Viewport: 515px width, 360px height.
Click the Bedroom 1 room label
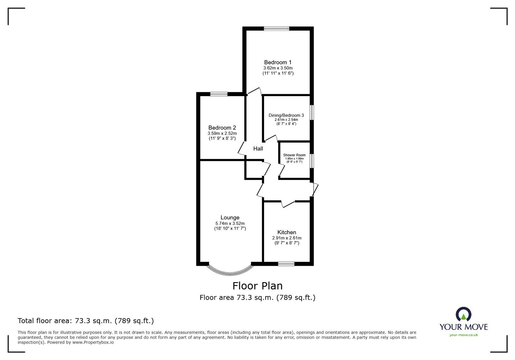tap(278, 62)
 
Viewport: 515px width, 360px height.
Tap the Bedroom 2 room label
tap(222, 127)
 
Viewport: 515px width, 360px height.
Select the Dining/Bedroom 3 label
tap(286, 115)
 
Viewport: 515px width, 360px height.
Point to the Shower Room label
tap(294, 155)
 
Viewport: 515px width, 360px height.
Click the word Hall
tap(258, 149)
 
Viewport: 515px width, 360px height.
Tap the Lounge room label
tap(230, 217)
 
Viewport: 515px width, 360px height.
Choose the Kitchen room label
tap(287, 232)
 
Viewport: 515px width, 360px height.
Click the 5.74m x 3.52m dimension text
tap(230, 223)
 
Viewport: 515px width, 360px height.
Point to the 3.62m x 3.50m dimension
tap(278, 68)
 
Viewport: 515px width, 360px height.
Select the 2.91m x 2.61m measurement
tap(287, 238)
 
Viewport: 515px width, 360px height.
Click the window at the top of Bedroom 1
tap(276, 29)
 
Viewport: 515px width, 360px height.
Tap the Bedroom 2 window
tap(219, 94)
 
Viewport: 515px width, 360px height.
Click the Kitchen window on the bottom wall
tap(286, 264)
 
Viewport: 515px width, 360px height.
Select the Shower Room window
tap(312, 161)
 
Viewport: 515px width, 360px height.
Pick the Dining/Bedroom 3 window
tap(312, 112)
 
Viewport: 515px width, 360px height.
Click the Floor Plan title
tap(257, 286)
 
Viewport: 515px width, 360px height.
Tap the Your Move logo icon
tap(464, 314)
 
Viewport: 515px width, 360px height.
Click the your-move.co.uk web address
tap(464, 335)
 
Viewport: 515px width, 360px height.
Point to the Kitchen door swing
tap(288, 204)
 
